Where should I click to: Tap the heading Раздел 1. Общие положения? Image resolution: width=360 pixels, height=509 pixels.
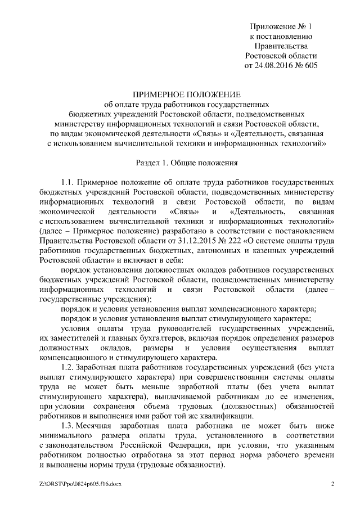[180, 163]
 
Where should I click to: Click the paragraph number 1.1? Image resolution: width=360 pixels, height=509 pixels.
[68, 183]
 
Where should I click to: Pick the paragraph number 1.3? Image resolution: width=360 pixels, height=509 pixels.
[68, 426]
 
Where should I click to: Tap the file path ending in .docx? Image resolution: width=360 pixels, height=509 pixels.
[77, 484]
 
